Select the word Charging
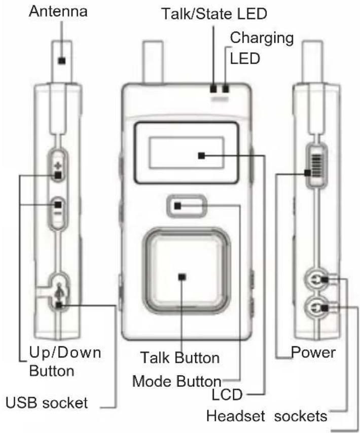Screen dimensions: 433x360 tap(262, 38)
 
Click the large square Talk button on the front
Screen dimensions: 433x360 tap(182, 276)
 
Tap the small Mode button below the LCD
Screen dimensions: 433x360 tap(186, 206)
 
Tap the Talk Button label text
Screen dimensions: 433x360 tap(181, 357)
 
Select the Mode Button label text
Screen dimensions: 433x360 tap(176, 381)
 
